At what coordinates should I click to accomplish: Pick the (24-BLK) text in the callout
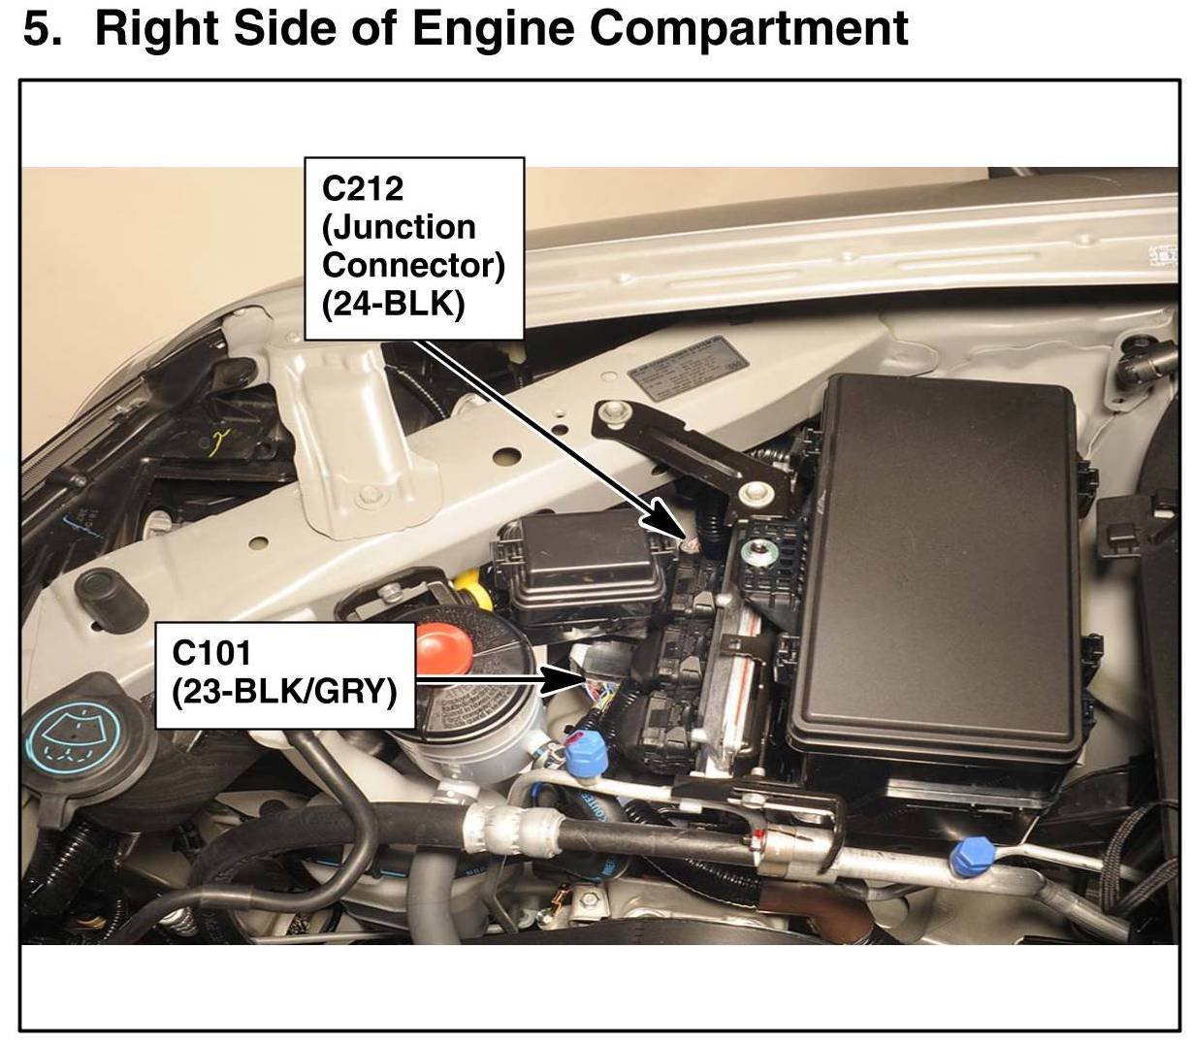click(393, 304)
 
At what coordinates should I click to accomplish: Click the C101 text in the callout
click(211, 652)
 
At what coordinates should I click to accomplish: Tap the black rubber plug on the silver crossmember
click(102, 586)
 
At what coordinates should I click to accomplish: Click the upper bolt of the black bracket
click(610, 411)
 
